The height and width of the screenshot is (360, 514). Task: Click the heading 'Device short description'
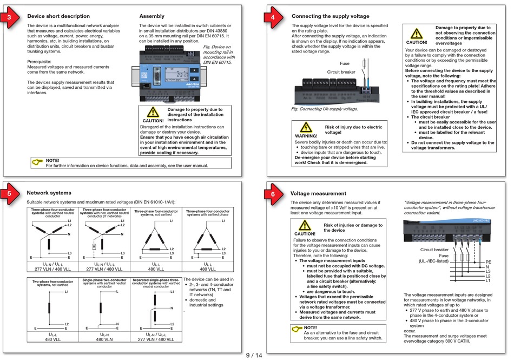(x=58, y=16)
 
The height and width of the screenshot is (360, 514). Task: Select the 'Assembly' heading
(x=151, y=16)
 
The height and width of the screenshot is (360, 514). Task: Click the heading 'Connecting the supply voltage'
(x=331, y=16)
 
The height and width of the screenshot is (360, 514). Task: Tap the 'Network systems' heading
(x=49, y=192)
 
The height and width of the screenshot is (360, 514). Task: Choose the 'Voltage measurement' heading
(x=318, y=193)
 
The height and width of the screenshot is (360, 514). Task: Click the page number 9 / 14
(x=254, y=355)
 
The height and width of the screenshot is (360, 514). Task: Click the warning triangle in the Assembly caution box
(x=153, y=113)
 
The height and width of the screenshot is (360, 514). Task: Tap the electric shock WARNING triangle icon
(x=306, y=128)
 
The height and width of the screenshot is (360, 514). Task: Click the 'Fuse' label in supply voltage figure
(x=344, y=63)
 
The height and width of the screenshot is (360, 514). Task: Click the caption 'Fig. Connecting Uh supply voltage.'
(x=325, y=109)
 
